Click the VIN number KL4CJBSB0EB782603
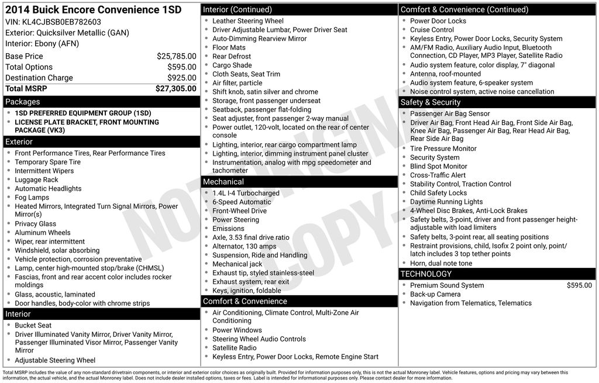(x=61, y=22)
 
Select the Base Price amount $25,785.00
(x=176, y=57)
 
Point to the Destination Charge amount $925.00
(x=181, y=78)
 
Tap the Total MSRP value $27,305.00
(x=175, y=89)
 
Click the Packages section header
(x=23, y=102)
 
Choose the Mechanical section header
(x=223, y=182)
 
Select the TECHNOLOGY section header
(x=426, y=274)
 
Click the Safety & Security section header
(x=431, y=102)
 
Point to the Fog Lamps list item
(x=32, y=198)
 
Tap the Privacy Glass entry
(x=36, y=224)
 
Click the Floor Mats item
(x=229, y=47)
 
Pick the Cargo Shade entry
(x=232, y=65)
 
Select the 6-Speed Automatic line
(x=242, y=202)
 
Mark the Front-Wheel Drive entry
(x=239, y=211)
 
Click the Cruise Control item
(x=432, y=30)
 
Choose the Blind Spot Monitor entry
(x=439, y=167)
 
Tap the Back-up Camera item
(x=435, y=294)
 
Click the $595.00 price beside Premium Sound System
(x=579, y=285)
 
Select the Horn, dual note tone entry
(x=441, y=263)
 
